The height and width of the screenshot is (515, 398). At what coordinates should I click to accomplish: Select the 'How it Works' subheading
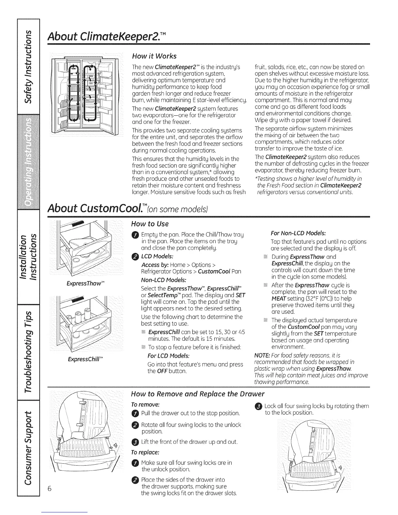pyautogui.click(x=154, y=56)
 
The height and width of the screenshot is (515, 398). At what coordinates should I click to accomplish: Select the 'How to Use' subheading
pyautogui.click(x=150, y=224)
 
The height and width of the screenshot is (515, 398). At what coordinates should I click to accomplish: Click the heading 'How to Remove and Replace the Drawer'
pyautogui.click(x=198, y=394)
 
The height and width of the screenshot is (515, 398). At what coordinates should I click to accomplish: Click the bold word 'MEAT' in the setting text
pyautogui.click(x=278, y=298)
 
